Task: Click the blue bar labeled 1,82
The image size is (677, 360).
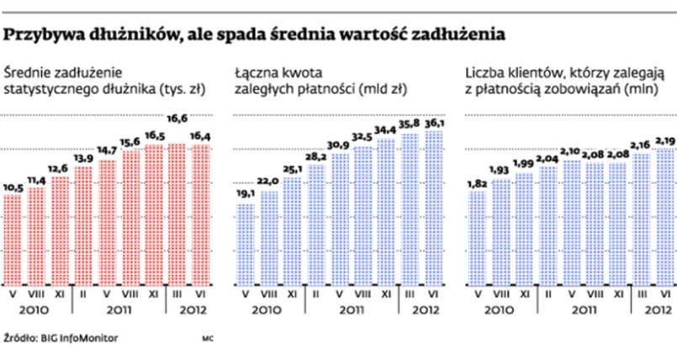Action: (476, 238)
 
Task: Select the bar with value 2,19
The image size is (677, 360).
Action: (664, 216)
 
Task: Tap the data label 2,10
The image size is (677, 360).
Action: (570, 151)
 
